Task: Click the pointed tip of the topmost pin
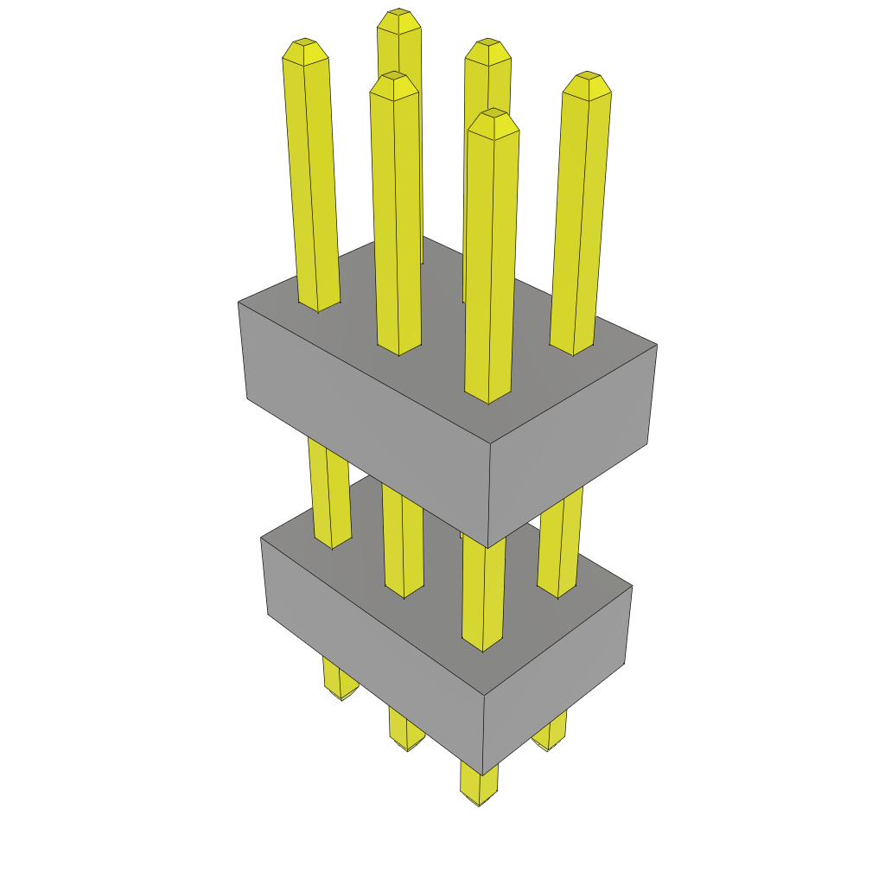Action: (x=398, y=19)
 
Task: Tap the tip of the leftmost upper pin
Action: (x=304, y=48)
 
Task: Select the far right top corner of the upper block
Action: (x=657, y=346)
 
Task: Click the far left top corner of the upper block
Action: (x=239, y=302)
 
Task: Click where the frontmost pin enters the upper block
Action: (x=488, y=398)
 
